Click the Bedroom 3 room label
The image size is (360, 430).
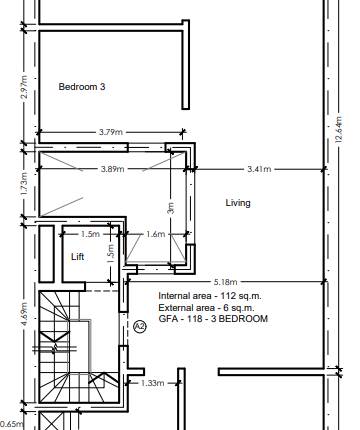[82, 87]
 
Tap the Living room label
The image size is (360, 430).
[238, 203]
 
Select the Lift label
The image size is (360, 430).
[78, 257]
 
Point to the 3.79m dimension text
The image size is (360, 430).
[111, 132]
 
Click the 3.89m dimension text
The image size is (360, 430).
[111, 170]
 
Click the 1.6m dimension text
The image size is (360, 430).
[155, 235]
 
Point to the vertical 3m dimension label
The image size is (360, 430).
[172, 209]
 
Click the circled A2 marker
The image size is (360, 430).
[139, 326]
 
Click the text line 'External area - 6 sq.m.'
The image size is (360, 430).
[209, 308]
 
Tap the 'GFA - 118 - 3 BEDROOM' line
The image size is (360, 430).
[213, 319]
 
